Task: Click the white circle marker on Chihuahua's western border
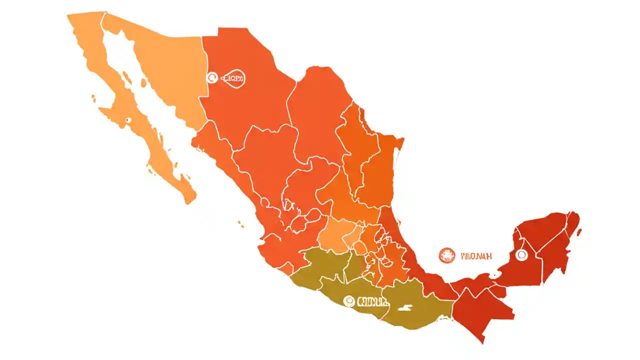pyautogui.click(x=212, y=77)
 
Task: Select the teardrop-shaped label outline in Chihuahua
pyautogui.click(x=233, y=78)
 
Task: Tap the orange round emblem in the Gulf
pyautogui.click(x=447, y=255)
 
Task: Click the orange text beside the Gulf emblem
pyautogui.click(x=475, y=256)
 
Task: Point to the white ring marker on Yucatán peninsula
pyautogui.click(x=521, y=255)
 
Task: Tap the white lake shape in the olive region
pyautogui.click(x=409, y=308)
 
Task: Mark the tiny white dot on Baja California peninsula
pyautogui.click(x=127, y=119)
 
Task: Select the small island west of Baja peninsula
pyautogui.click(x=93, y=98)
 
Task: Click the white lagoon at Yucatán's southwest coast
pyautogui.click(x=496, y=274)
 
